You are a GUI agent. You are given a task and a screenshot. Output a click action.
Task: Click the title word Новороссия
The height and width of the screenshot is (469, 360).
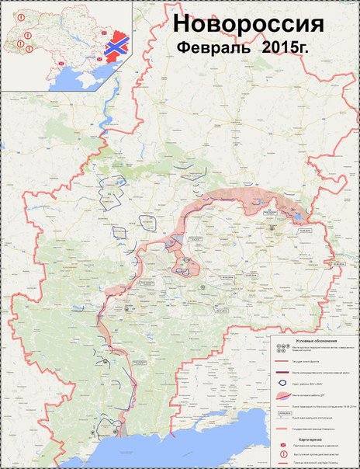(247, 25)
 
